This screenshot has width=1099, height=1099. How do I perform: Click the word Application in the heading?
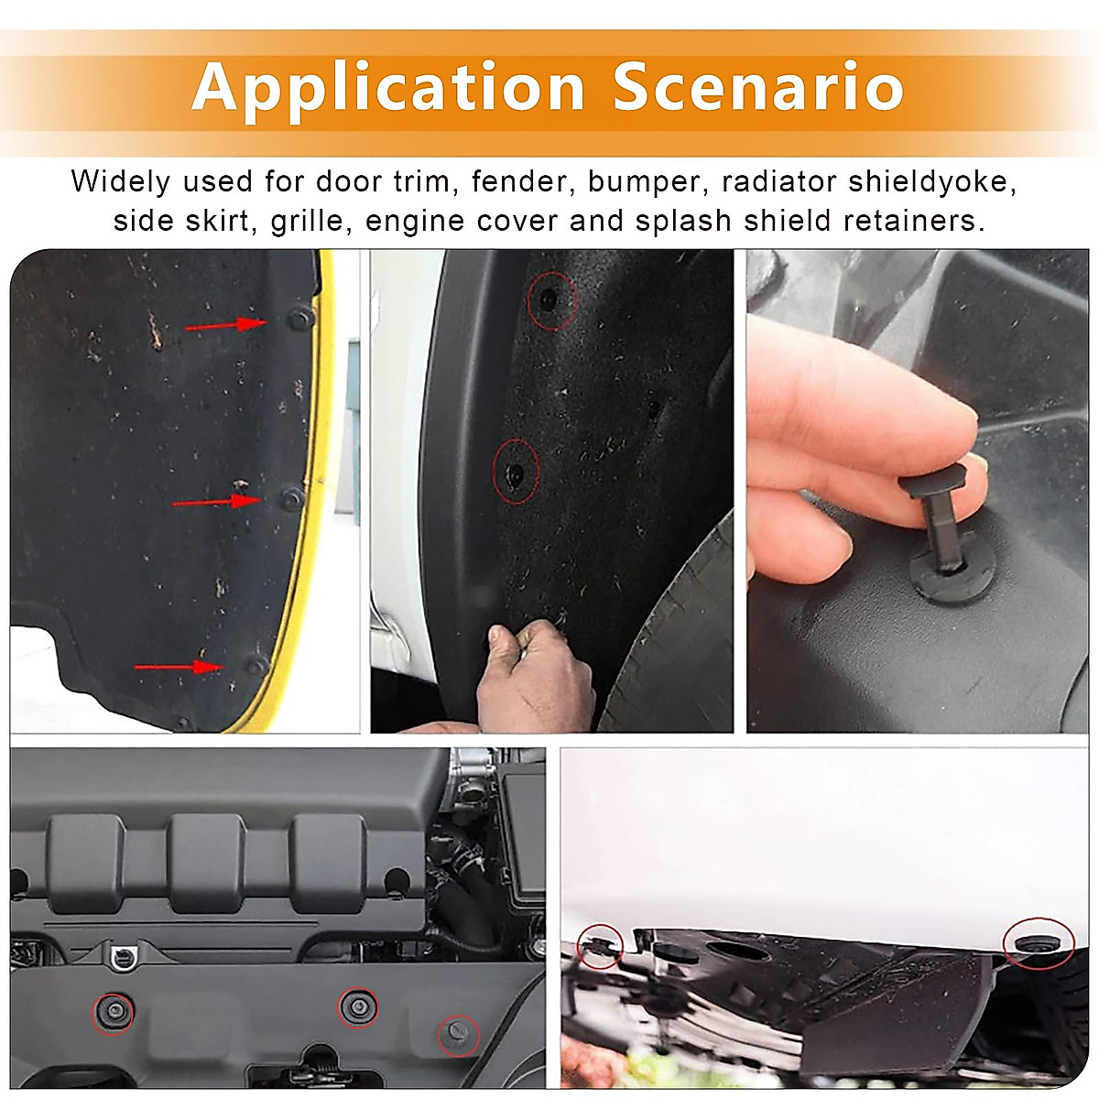tap(388, 88)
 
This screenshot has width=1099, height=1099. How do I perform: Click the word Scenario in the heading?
tap(758, 88)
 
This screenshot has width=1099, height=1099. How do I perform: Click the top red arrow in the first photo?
tap(225, 324)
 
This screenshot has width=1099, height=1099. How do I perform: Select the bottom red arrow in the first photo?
tap(180, 667)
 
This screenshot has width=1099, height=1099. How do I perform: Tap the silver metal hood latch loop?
tap(119, 957)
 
